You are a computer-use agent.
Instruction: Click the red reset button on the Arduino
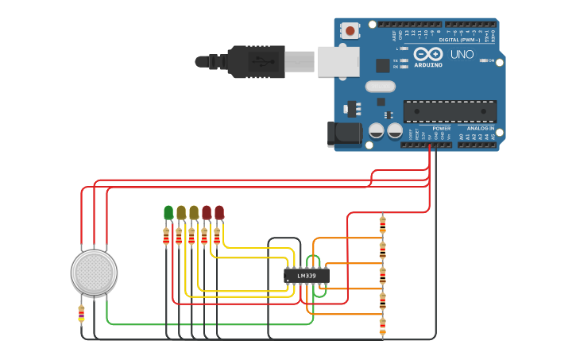(x=350, y=31)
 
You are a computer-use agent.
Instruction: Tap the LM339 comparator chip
(x=306, y=276)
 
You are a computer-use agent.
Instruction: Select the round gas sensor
(x=94, y=272)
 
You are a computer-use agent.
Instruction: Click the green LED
(x=168, y=212)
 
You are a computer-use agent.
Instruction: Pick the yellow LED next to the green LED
(x=181, y=212)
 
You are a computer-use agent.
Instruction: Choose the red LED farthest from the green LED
(x=219, y=212)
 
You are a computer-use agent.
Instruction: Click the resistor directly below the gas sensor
(x=81, y=315)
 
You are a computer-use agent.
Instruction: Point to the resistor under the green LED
(x=166, y=236)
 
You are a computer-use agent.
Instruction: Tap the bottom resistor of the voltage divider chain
(x=382, y=326)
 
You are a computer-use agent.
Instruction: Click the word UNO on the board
(x=462, y=55)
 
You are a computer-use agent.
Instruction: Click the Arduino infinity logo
(x=425, y=53)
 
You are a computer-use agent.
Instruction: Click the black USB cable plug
(x=256, y=61)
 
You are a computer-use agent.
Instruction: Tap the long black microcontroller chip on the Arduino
(x=450, y=111)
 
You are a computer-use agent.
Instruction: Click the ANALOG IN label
(x=480, y=128)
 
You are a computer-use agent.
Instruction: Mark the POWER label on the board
(x=441, y=128)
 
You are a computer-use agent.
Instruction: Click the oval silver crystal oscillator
(x=380, y=86)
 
